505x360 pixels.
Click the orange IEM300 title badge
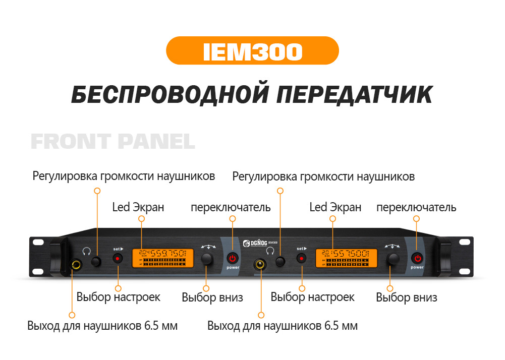[x=252, y=50]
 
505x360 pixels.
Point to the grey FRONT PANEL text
[x=113, y=142]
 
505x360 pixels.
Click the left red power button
[x=233, y=258]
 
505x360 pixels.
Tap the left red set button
[x=118, y=258]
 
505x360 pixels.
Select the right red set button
[x=302, y=258]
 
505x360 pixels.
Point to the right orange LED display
[x=346, y=258]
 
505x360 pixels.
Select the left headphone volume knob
[x=96, y=261]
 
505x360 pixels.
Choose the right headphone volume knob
[x=280, y=261]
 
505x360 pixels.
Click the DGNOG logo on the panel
[x=261, y=241]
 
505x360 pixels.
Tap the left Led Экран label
[x=138, y=207]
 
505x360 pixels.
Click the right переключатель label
[x=416, y=207]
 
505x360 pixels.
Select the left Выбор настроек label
[x=119, y=297]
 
